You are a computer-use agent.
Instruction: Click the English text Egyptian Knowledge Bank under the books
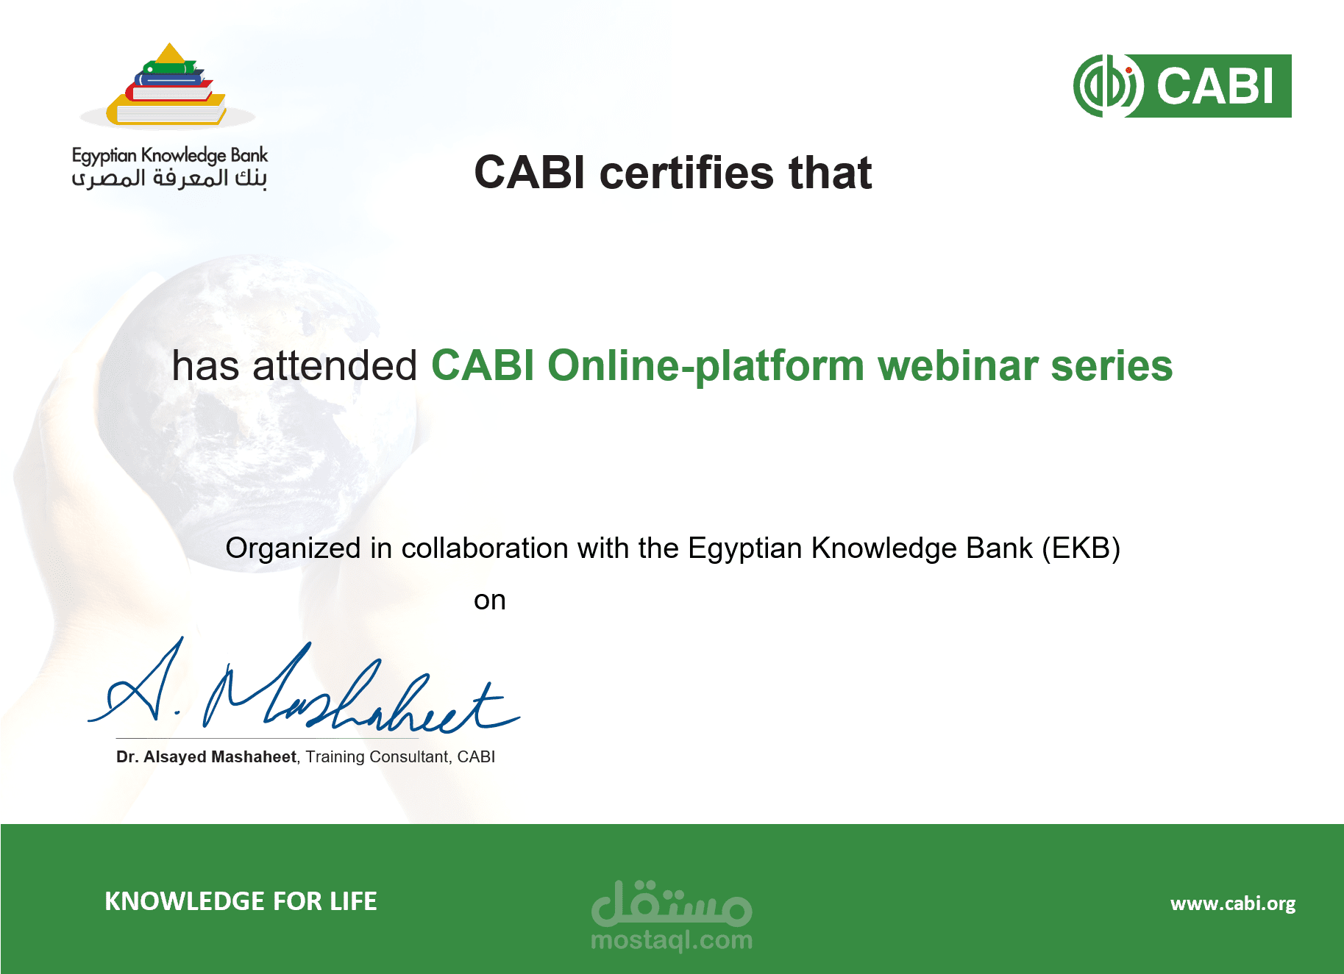pos(170,155)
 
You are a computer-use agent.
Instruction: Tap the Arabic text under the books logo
pos(170,179)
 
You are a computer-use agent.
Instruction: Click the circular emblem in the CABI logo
pos(1108,86)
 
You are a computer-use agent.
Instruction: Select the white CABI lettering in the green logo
pos(1215,86)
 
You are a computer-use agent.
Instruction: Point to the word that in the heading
pos(831,173)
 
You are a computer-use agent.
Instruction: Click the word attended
pos(335,365)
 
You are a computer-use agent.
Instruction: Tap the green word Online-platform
pos(706,366)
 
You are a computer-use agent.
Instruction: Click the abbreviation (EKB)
pos(1081,548)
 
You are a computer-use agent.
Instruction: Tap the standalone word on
pos(490,601)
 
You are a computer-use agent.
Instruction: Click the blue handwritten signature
pos(304,687)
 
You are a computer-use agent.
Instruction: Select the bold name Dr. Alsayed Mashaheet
pos(207,757)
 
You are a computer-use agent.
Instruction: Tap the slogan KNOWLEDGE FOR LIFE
pos(241,901)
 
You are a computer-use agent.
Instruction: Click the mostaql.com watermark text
pos(672,939)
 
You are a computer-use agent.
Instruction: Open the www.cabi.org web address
pos(1233,903)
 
